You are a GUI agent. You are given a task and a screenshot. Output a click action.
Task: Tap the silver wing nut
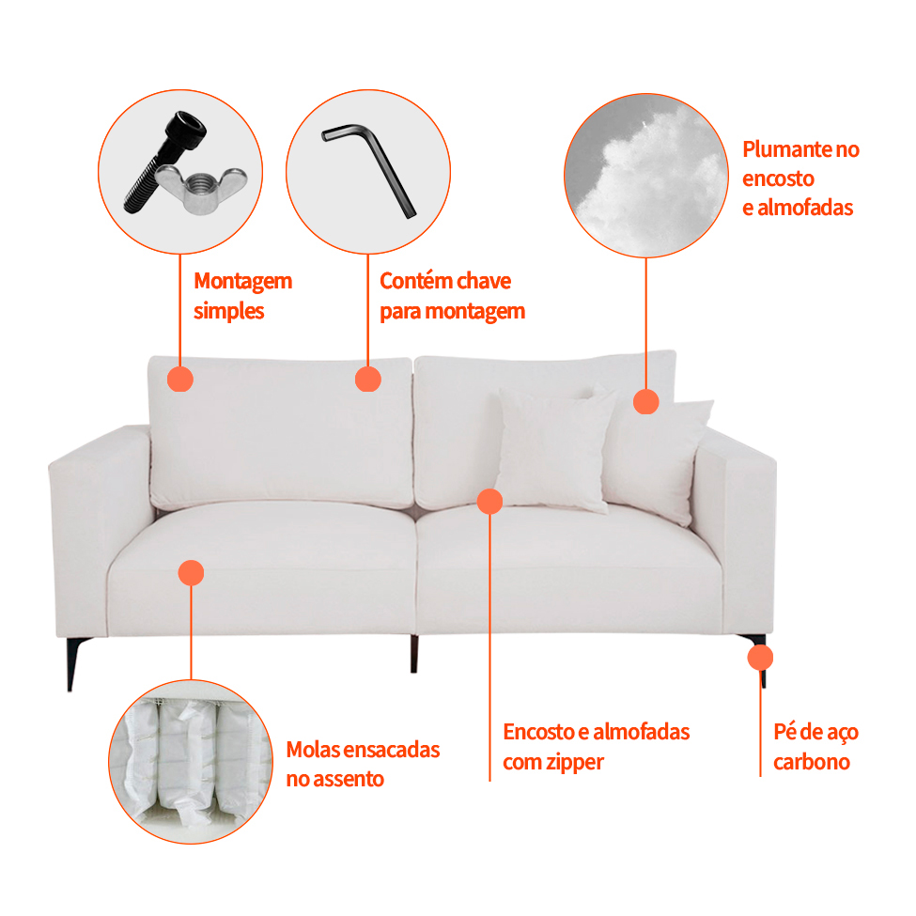click(x=201, y=188)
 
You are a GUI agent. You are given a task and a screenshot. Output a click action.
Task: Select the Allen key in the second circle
click(x=370, y=169)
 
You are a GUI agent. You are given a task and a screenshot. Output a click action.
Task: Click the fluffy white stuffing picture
click(x=646, y=176)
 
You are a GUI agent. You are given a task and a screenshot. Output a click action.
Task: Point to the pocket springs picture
click(x=191, y=762)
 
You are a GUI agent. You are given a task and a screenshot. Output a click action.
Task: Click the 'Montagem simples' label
click(x=242, y=296)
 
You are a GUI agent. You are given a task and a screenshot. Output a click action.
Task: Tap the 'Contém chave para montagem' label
click(x=452, y=296)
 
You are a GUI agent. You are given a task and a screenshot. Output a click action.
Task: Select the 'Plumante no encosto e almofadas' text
click(x=800, y=179)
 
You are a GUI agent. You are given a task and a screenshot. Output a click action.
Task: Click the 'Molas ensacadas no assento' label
click(x=363, y=764)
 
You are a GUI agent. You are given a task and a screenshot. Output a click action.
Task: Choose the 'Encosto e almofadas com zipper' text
click(x=596, y=747)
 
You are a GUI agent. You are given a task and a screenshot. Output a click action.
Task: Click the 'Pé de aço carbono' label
click(x=815, y=747)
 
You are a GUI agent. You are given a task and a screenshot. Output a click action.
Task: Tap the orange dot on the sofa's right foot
click(x=761, y=658)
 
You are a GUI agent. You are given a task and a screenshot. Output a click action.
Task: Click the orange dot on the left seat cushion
click(x=191, y=573)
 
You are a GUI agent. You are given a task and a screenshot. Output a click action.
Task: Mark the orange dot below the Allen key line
click(x=368, y=380)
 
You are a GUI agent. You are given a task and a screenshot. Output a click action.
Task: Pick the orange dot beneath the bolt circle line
click(x=180, y=380)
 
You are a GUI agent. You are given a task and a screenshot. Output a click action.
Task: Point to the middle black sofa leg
click(x=414, y=654)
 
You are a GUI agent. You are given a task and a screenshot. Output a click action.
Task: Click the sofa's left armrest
click(x=100, y=526)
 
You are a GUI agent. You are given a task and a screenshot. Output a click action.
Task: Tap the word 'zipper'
click(x=575, y=762)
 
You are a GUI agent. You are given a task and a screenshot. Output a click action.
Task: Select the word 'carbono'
click(x=812, y=762)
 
